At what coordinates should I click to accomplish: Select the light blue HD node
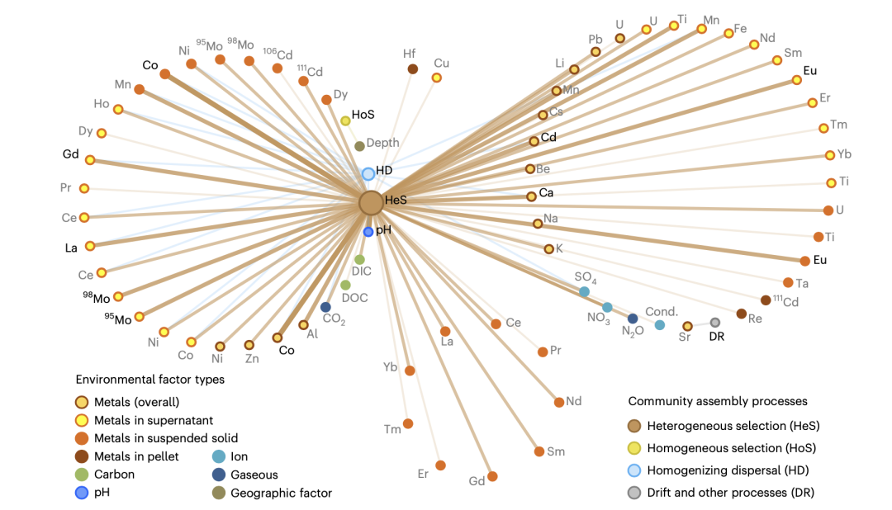(x=368, y=174)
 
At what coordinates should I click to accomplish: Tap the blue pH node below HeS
(x=368, y=232)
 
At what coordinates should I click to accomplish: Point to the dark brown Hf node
(x=412, y=68)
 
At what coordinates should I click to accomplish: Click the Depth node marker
(x=359, y=146)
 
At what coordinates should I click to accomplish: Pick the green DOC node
(x=345, y=285)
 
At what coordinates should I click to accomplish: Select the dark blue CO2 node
(x=325, y=307)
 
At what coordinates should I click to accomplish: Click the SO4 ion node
(x=584, y=291)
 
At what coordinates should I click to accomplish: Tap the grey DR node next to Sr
(x=715, y=322)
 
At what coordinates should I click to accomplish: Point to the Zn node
(x=249, y=345)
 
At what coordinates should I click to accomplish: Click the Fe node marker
(x=728, y=33)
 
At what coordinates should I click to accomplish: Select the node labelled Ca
(x=531, y=196)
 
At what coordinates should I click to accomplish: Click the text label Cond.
(x=662, y=312)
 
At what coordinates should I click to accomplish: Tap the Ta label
(x=802, y=283)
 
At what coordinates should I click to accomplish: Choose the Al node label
(x=312, y=334)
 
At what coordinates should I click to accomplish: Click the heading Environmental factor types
(x=150, y=380)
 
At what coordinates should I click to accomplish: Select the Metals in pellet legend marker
(x=82, y=456)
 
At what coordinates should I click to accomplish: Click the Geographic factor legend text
(x=281, y=493)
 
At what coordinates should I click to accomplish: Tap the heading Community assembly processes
(x=718, y=401)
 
